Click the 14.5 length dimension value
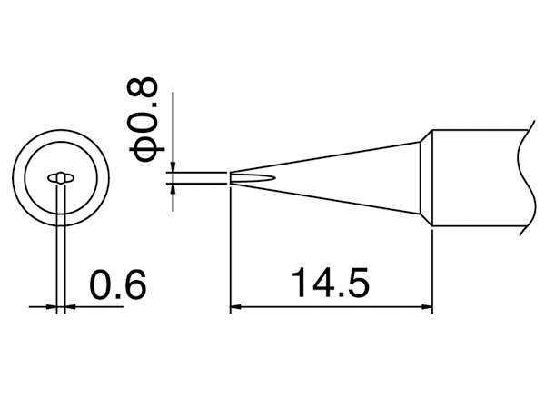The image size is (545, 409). (331, 284)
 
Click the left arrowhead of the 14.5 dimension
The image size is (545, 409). (235, 308)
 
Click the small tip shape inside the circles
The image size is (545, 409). (61, 177)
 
